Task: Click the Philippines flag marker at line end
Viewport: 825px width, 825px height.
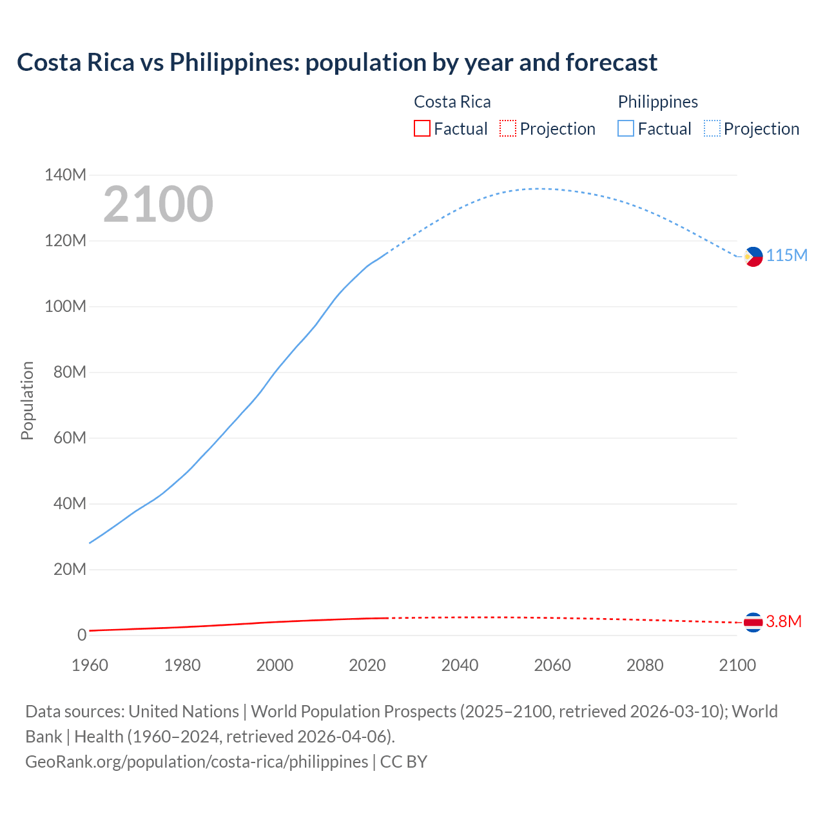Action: pyautogui.click(x=753, y=257)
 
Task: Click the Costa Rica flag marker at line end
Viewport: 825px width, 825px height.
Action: pyautogui.click(x=753, y=622)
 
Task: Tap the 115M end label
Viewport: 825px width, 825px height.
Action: pyautogui.click(x=786, y=256)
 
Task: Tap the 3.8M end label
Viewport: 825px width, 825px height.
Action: pyautogui.click(x=783, y=621)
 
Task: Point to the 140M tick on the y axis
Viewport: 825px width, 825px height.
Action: pyautogui.click(x=65, y=175)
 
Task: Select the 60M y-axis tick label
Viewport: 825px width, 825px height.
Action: pyautogui.click(x=65, y=438)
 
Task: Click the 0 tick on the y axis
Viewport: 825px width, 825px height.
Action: pyautogui.click(x=81, y=636)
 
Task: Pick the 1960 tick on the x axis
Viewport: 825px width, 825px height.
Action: pyautogui.click(x=90, y=665)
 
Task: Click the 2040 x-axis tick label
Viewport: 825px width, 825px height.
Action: pyautogui.click(x=460, y=665)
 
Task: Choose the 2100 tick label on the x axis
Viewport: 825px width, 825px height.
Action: pyautogui.click(x=737, y=665)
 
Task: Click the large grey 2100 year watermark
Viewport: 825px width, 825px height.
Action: pyautogui.click(x=158, y=204)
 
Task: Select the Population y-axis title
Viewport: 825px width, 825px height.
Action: pyautogui.click(x=27, y=400)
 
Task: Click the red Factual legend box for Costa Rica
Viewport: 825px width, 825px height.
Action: pyautogui.click(x=422, y=128)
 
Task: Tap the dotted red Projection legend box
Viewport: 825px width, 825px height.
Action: pyautogui.click(x=507, y=128)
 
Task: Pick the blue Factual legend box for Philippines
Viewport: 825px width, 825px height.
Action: pyautogui.click(x=625, y=128)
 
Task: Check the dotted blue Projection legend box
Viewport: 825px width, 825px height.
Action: pyautogui.click(x=712, y=128)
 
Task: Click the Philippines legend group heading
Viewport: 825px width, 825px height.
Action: pyautogui.click(x=657, y=102)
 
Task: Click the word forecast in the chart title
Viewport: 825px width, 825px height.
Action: pyautogui.click(x=611, y=63)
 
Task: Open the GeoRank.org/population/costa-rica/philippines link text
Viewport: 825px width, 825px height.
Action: pyautogui.click(x=197, y=762)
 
